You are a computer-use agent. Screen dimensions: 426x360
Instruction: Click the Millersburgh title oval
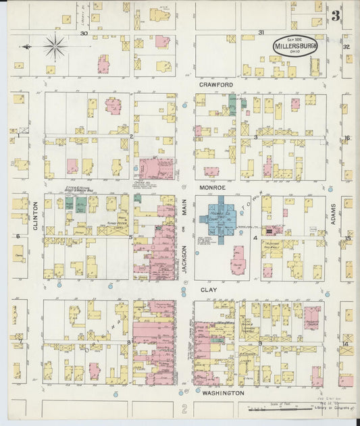pyautogui.click(x=295, y=45)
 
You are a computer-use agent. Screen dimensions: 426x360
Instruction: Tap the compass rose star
pyautogui.click(x=55, y=47)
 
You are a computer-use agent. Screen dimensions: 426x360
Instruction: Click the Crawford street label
pyautogui.click(x=216, y=84)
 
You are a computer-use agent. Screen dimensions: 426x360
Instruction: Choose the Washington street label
pyautogui.click(x=222, y=392)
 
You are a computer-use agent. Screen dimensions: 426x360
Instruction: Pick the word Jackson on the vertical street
pyautogui.click(x=184, y=257)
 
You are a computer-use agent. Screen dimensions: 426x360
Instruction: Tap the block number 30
pyautogui.click(x=84, y=33)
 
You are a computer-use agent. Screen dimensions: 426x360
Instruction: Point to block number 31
pyautogui.click(x=261, y=33)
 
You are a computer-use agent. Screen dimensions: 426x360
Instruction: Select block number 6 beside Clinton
pyautogui.click(x=17, y=237)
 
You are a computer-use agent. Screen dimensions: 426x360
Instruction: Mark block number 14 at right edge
pyautogui.click(x=345, y=344)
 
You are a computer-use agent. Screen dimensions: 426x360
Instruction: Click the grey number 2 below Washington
pyautogui.click(x=184, y=408)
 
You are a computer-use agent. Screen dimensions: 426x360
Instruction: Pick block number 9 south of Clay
pyautogui.click(x=260, y=344)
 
